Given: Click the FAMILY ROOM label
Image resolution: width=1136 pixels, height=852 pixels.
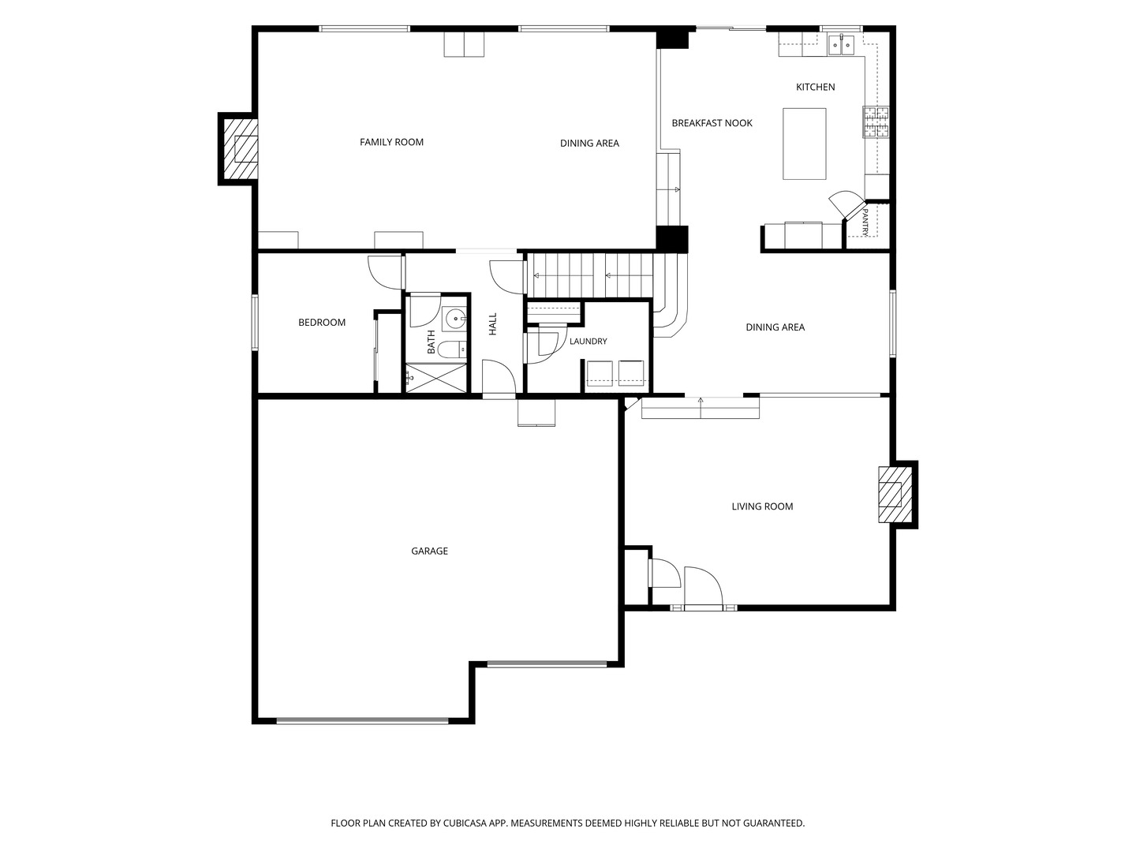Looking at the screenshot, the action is click(391, 142).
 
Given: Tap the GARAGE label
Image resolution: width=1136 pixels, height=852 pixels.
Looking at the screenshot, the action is click(430, 551).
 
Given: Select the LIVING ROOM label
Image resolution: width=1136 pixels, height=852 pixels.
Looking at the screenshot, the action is click(762, 506).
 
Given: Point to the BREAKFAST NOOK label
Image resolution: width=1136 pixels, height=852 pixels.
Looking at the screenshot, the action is click(712, 123).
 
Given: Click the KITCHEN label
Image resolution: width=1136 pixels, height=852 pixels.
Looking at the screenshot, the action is click(815, 87).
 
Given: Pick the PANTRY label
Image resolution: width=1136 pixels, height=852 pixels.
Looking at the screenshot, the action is click(865, 222).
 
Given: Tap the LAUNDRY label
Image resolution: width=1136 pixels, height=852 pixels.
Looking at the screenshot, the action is click(588, 342).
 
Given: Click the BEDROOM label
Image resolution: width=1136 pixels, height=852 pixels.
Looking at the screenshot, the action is click(321, 323).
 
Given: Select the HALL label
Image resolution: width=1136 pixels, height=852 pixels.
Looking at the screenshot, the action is click(493, 323).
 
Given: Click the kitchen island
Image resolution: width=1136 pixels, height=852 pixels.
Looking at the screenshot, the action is click(804, 144).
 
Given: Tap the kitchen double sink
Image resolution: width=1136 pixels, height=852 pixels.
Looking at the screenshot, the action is click(841, 44).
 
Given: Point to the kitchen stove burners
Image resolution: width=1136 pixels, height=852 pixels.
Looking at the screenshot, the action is click(876, 121).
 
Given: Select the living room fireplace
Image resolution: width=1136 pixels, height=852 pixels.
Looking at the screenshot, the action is click(895, 495).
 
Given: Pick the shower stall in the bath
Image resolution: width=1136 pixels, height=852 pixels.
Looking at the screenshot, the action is click(435, 378).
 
